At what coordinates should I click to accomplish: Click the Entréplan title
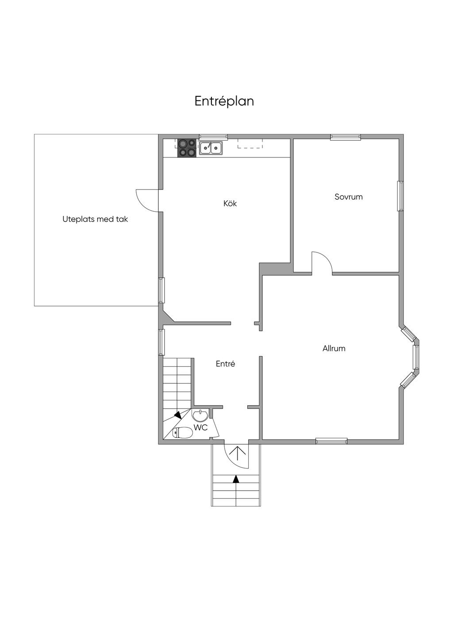[x=224, y=101]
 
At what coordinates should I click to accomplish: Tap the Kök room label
[x=230, y=203]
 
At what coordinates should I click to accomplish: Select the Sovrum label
[x=349, y=197]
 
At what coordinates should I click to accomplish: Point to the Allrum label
[x=334, y=348]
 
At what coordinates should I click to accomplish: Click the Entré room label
[x=225, y=364]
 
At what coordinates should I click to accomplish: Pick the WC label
[x=200, y=428]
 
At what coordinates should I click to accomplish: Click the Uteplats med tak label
[x=95, y=219]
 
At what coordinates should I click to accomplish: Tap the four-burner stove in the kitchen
[x=187, y=148]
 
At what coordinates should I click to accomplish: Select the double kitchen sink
[x=211, y=148]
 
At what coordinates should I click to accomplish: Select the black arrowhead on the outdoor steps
[x=236, y=479]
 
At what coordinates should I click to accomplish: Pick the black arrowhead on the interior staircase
[x=178, y=415]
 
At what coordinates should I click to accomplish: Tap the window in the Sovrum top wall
[x=346, y=137]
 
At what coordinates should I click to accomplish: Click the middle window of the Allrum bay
[x=416, y=357]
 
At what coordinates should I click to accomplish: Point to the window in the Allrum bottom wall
[x=331, y=441]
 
